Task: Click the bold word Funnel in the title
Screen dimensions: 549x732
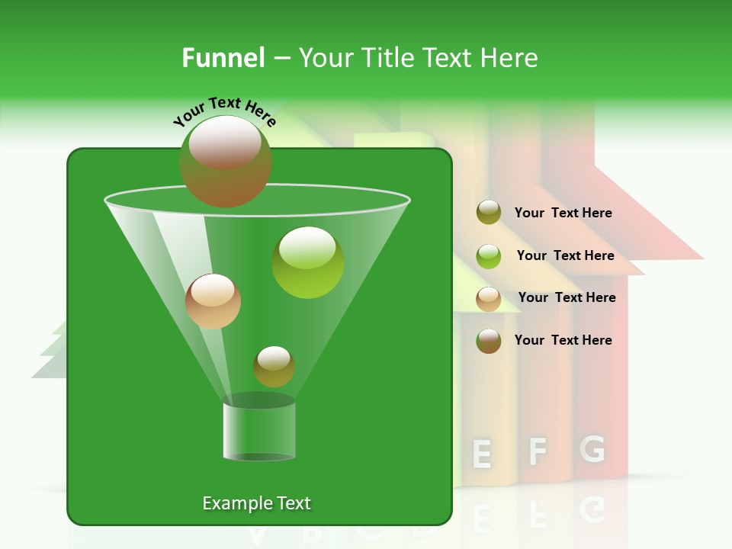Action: pyautogui.click(x=223, y=57)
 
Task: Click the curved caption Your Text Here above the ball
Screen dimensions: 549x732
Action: pyautogui.click(x=225, y=111)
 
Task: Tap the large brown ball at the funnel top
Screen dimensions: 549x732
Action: pyautogui.click(x=226, y=161)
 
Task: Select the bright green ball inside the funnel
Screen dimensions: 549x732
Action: pyautogui.click(x=308, y=262)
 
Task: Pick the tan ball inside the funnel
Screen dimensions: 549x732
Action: pyautogui.click(x=213, y=301)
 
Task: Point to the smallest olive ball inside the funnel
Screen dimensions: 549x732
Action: pyautogui.click(x=274, y=367)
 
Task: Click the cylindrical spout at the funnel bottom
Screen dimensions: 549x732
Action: pyautogui.click(x=259, y=431)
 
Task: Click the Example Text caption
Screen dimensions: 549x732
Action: pyautogui.click(x=256, y=503)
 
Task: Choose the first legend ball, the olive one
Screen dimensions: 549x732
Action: pyautogui.click(x=489, y=213)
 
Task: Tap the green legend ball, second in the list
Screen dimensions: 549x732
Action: pyautogui.click(x=489, y=256)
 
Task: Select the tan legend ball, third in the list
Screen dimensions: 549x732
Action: pyautogui.click(x=489, y=299)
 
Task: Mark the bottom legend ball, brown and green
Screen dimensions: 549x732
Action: pyautogui.click(x=489, y=341)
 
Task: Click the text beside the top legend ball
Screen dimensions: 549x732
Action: pyautogui.click(x=563, y=213)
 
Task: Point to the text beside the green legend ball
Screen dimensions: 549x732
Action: pyautogui.click(x=565, y=256)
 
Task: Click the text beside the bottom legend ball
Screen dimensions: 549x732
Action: pyautogui.click(x=563, y=340)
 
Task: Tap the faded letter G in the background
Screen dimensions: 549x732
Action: pyautogui.click(x=592, y=449)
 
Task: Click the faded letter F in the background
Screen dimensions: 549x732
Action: pyautogui.click(x=538, y=451)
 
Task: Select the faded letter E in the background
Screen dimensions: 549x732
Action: pyautogui.click(x=481, y=454)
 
